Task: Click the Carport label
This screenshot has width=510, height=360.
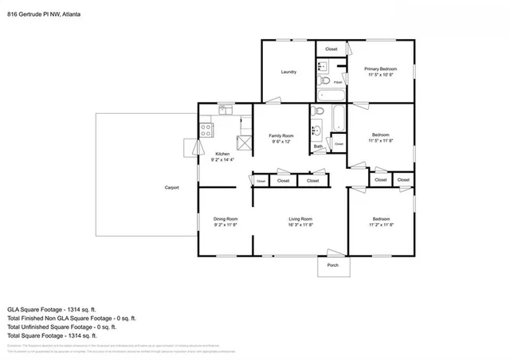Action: (171, 188)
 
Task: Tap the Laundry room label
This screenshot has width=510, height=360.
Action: (288, 72)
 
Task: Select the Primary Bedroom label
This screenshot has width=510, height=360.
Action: (382, 69)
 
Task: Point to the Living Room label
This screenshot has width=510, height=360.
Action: (300, 218)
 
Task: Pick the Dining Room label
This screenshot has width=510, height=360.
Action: (226, 218)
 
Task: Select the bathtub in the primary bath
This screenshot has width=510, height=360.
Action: (328, 95)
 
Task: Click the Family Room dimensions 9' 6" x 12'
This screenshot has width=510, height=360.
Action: (280, 142)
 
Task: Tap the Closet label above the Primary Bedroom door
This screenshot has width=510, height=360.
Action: (331, 49)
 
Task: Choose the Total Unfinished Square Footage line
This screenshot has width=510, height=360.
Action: (62, 326)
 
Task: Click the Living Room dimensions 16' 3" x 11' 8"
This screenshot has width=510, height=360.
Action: (300, 225)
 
